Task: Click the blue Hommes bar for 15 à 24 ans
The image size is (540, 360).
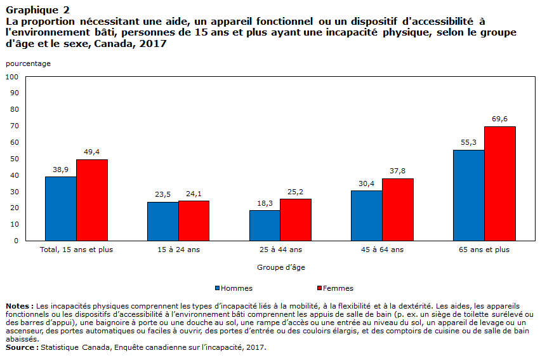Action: [x=163, y=221]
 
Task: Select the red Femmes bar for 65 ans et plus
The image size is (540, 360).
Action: [x=500, y=183]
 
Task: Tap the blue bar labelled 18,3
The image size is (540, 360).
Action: [x=265, y=225]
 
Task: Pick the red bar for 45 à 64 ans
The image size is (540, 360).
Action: [x=398, y=210]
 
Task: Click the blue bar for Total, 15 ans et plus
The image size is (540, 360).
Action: [x=61, y=209]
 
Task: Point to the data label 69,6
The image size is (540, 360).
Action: [x=500, y=119]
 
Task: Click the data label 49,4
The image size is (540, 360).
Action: [x=91, y=152]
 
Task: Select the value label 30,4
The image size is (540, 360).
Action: [x=366, y=183]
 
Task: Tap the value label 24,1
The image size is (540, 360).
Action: [x=194, y=194]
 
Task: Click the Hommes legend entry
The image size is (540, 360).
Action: [x=234, y=288]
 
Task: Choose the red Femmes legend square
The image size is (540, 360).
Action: [x=320, y=288]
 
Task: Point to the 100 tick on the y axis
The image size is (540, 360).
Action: [x=12, y=77]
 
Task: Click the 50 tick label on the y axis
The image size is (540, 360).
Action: [x=15, y=159]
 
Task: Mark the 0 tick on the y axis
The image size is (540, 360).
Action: [x=16, y=241]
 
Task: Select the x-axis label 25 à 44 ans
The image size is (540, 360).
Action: [x=280, y=250]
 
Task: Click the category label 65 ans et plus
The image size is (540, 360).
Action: [x=484, y=250]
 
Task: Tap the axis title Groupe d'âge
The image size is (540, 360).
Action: [x=281, y=267]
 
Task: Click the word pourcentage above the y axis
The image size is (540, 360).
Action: [x=29, y=63]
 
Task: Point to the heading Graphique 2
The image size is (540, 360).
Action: [x=37, y=10]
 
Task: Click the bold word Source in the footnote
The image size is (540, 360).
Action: [x=20, y=347]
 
